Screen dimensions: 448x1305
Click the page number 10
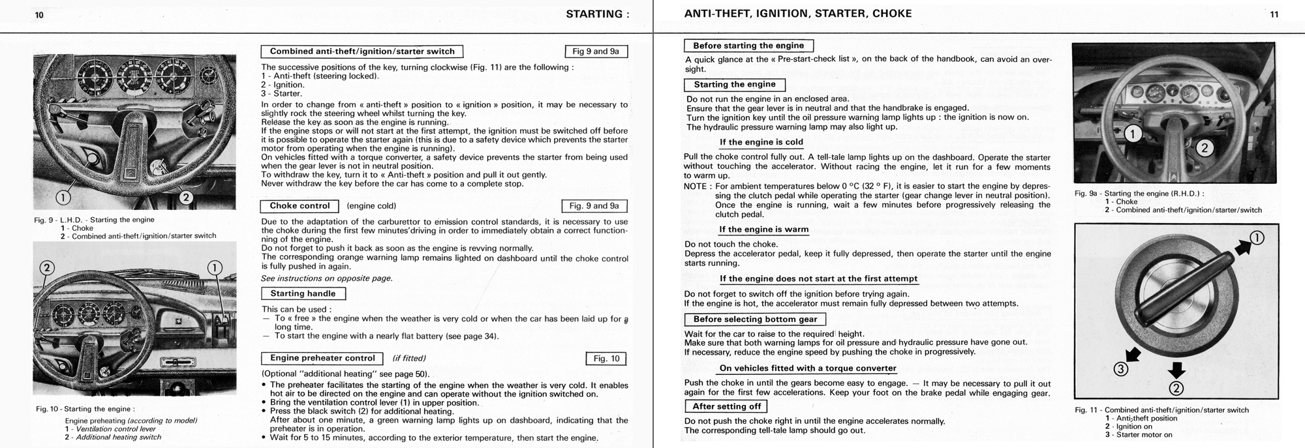click(39, 15)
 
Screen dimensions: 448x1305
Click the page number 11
click(1274, 15)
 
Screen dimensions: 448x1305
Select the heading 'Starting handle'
click(303, 293)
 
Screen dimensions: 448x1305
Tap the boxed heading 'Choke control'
click(300, 206)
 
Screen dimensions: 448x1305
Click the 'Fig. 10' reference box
click(606, 359)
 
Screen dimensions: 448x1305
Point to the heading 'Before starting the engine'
click(748, 46)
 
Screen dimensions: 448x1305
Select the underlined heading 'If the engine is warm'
click(763, 230)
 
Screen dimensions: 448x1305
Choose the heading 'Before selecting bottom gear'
click(755, 320)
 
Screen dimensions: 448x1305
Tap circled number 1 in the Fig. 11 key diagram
click(1257, 238)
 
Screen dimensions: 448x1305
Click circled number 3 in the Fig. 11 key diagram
click(1120, 370)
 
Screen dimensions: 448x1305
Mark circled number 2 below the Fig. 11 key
click(1176, 389)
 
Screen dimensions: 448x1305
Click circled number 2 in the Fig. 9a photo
click(1205, 148)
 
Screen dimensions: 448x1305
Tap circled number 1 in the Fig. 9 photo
click(63, 196)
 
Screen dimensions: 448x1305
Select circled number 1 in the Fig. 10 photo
click(214, 267)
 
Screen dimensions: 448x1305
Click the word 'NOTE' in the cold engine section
click(696, 187)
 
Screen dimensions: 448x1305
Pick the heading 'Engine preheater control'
click(322, 358)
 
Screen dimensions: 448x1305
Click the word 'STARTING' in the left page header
click(594, 14)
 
